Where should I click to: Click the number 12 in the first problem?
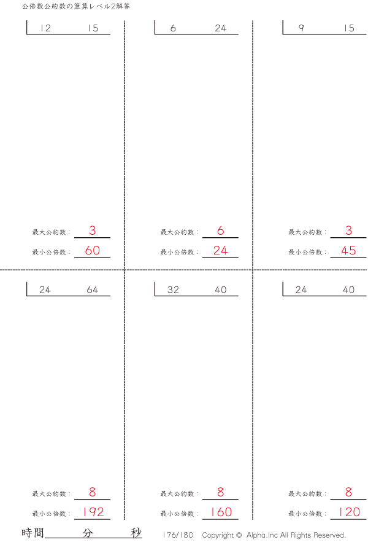click(45, 28)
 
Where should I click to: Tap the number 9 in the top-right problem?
click(301, 28)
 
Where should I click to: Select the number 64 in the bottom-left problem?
click(93, 290)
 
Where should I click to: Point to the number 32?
click(173, 290)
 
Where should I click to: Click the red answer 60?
click(93, 251)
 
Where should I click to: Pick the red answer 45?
click(348, 251)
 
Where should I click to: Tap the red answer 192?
click(93, 513)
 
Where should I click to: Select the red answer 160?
click(221, 513)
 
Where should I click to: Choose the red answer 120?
click(348, 513)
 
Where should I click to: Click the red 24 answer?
click(221, 251)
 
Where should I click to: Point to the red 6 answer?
click(221, 231)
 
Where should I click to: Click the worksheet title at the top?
click(75, 6)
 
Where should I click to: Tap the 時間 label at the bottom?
click(33, 533)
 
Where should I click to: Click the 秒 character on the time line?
click(136, 533)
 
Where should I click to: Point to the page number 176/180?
click(178, 535)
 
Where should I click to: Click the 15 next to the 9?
click(349, 28)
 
